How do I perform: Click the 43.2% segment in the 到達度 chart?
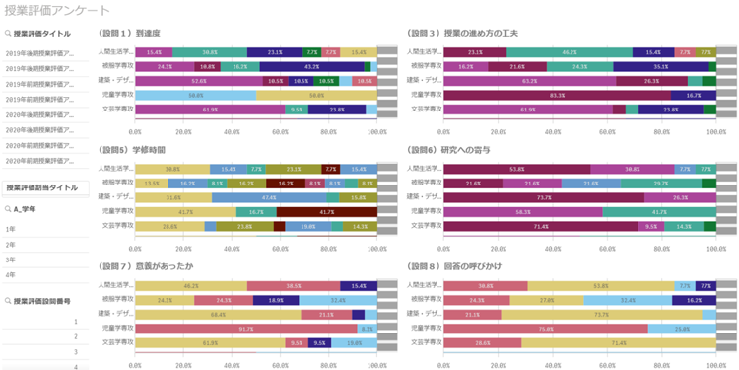pyautogui.click(x=310, y=66)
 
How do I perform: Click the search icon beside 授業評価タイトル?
pyautogui.click(x=8, y=32)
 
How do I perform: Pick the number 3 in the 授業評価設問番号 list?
pyautogui.click(x=75, y=350)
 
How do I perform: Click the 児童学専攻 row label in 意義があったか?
pyautogui.click(x=115, y=329)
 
